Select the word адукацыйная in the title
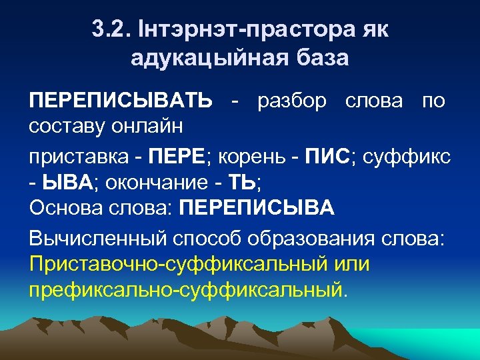[207, 58]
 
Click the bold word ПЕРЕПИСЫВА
[257, 208]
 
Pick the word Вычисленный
[99, 238]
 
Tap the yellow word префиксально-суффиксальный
[186, 290]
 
